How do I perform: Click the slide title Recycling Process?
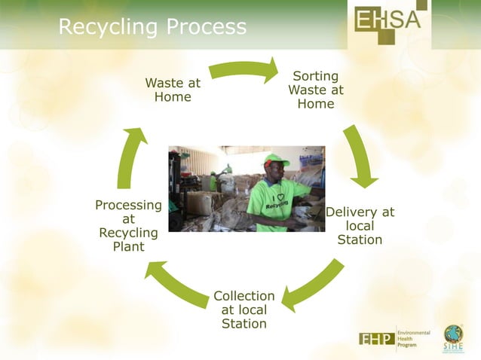point(152,28)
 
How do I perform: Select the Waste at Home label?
point(173,90)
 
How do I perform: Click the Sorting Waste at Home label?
point(315,90)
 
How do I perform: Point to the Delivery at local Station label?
point(360,226)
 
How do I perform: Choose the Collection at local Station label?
point(244,310)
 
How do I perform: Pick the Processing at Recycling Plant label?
point(128,226)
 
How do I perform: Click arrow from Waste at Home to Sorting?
point(244,71)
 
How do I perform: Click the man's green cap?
point(275,160)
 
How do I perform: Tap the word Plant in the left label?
point(128,246)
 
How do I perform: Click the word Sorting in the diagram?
point(315,76)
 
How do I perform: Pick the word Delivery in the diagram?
point(360,212)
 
